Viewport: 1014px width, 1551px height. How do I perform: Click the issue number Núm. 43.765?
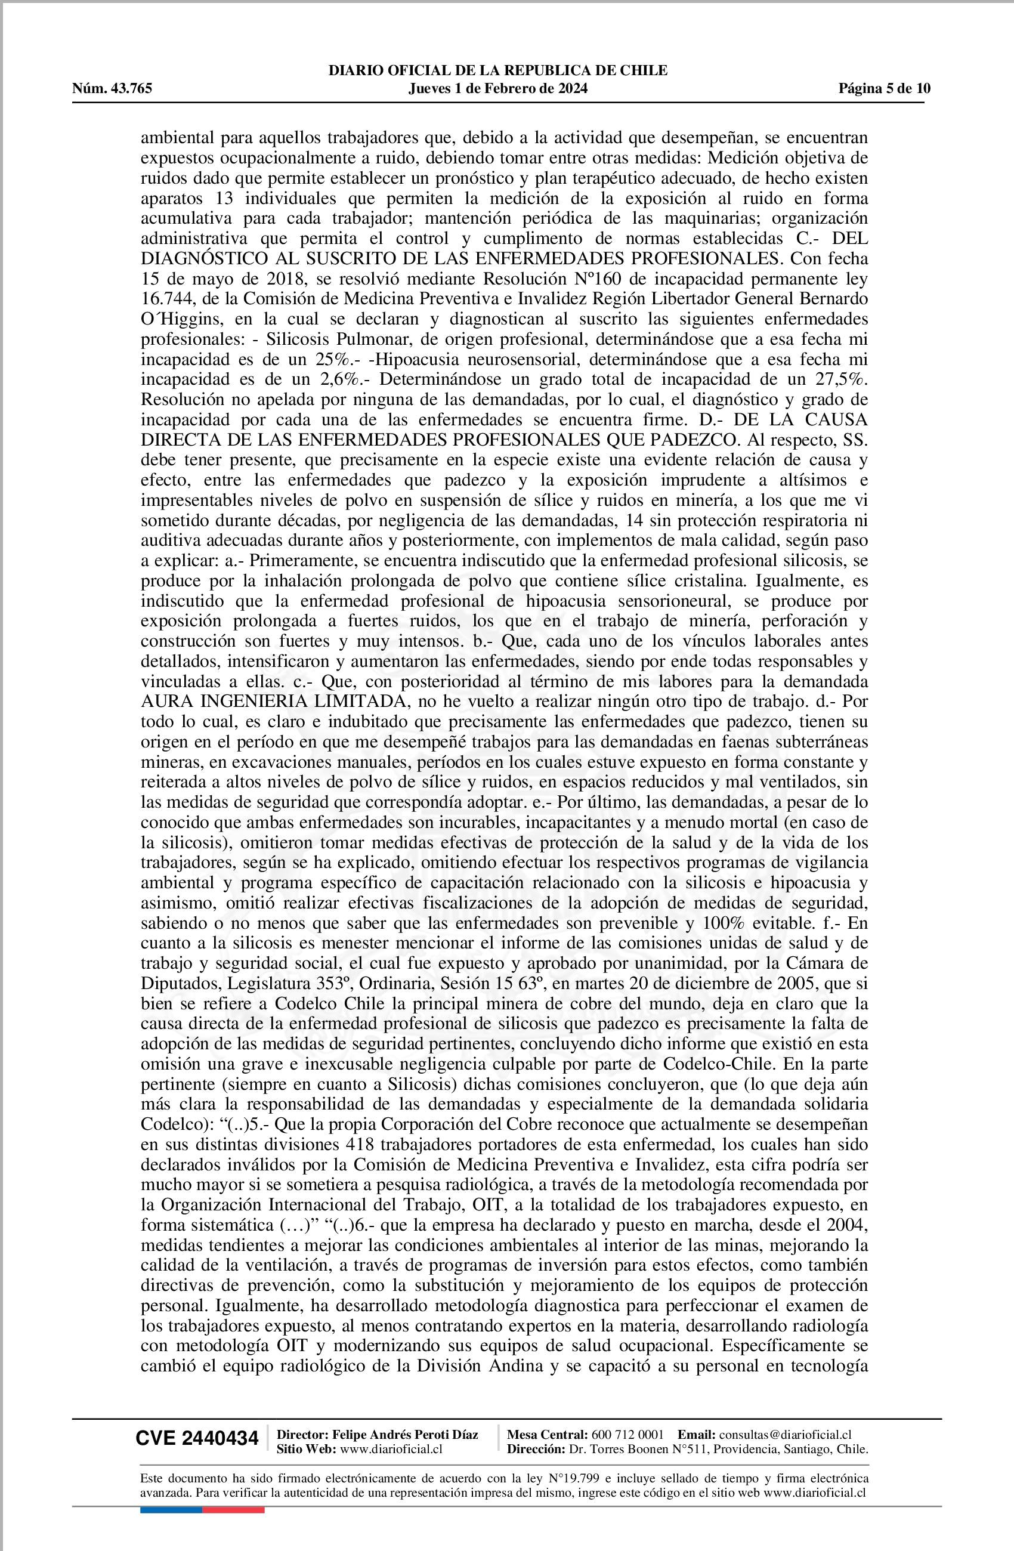pos(112,89)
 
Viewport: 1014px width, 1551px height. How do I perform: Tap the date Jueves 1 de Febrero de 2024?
pos(498,89)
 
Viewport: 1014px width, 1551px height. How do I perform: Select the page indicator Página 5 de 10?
pos(885,89)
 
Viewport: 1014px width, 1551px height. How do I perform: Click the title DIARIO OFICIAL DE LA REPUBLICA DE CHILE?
pos(498,70)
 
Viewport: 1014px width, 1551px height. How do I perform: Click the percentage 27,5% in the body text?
pos(840,379)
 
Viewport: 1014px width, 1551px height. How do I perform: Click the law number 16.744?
pos(166,300)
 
